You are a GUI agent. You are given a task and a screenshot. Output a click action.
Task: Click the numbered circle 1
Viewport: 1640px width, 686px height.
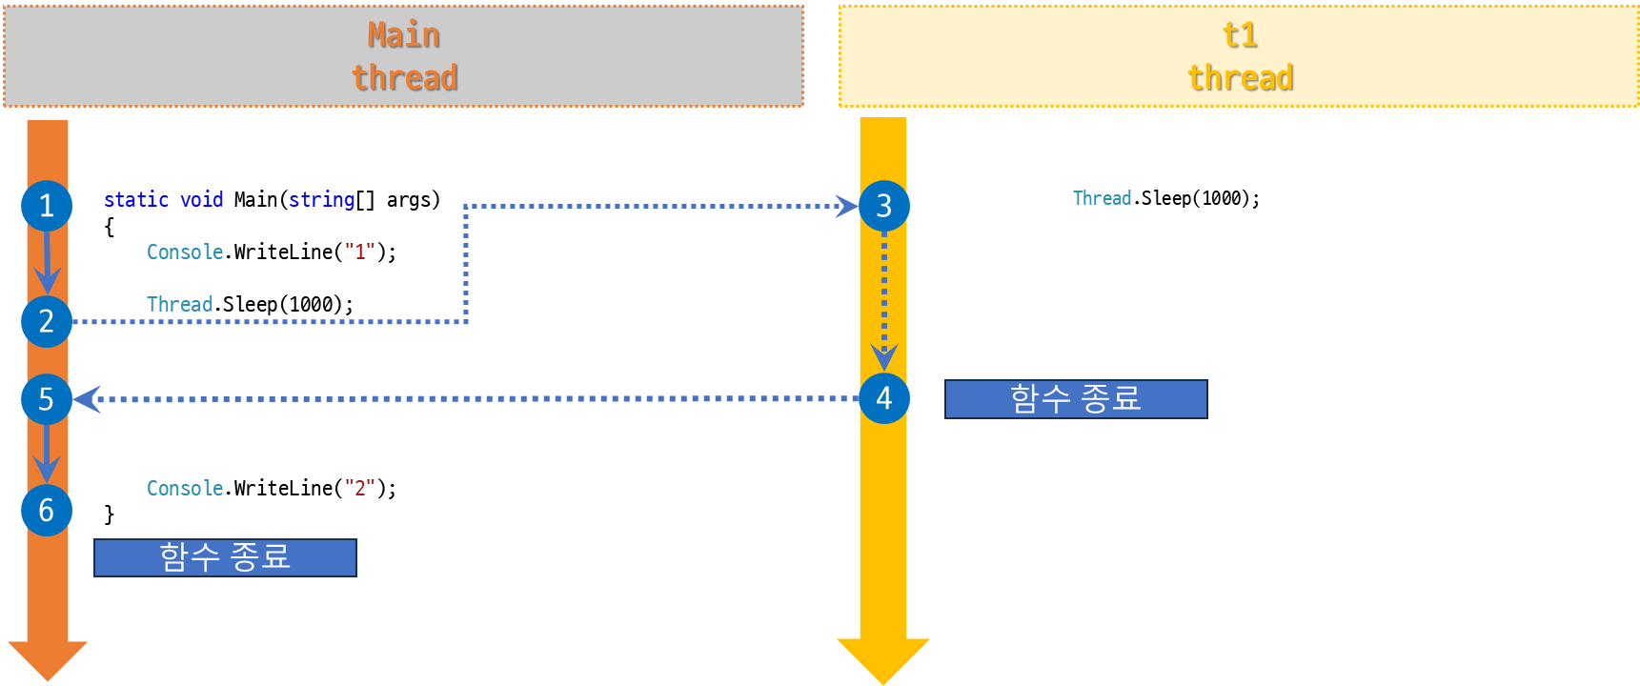tap(47, 206)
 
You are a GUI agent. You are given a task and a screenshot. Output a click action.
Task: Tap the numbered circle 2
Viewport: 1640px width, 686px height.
tap(47, 321)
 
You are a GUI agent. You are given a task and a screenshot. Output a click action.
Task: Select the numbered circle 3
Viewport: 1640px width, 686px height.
tap(883, 206)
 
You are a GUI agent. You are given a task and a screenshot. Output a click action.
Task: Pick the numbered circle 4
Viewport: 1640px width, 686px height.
tap(883, 398)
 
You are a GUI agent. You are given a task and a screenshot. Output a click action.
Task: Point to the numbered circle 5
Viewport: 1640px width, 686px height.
tap(47, 399)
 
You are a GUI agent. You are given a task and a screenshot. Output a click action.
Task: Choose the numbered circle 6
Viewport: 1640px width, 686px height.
tap(47, 511)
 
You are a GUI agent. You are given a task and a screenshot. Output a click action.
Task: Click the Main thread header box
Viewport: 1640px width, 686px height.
tap(404, 56)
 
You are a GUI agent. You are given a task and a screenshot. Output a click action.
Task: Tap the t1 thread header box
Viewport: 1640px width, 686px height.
tap(1239, 56)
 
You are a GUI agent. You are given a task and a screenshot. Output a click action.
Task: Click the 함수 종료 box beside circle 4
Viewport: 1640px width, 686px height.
tap(1076, 399)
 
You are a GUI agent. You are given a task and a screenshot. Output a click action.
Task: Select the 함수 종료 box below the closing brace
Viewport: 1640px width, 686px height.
tap(225, 557)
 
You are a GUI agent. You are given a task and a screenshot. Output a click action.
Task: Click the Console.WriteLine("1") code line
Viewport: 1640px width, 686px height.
tap(271, 252)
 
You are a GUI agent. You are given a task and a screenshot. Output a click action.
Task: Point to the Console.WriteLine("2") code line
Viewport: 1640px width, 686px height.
tap(271, 489)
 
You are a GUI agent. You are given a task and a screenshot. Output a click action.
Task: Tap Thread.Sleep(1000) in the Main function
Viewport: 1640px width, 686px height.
tap(250, 305)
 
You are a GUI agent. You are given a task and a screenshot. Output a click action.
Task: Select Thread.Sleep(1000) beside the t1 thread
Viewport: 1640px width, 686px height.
tap(1165, 199)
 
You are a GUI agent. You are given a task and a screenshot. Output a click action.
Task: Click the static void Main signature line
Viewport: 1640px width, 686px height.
tap(272, 200)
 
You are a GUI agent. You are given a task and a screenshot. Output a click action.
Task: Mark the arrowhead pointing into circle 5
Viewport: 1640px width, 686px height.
tap(87, 399)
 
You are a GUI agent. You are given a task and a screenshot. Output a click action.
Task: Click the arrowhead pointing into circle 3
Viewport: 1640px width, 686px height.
tap(845, 206)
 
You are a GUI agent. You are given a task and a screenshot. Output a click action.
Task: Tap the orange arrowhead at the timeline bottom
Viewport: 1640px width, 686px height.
tap(47, 659)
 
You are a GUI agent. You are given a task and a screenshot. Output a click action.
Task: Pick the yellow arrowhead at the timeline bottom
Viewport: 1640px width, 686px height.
tap(883, 659)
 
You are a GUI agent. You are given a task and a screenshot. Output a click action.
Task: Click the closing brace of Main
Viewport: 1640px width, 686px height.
tap(110, 515)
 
